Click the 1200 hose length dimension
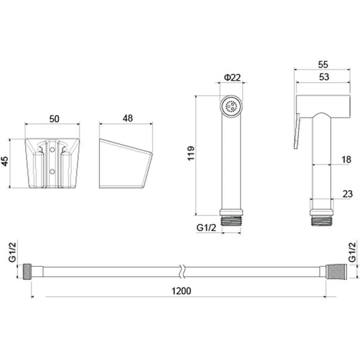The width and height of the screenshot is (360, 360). tap(181, 291)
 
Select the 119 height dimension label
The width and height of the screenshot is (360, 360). tap(191, 153)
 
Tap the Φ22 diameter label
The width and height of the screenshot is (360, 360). tap(232, 78)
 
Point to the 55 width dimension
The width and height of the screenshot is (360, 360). tap(323, 65)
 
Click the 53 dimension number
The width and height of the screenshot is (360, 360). tap(324, 77)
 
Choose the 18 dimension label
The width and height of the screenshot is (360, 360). tap(346, 160)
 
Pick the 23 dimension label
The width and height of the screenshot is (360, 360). tap(348, 194)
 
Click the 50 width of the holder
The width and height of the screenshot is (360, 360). tap(54, 119)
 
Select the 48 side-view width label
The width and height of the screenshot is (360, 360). tap(128, 118)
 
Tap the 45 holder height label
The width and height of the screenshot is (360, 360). tap(5, 161)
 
